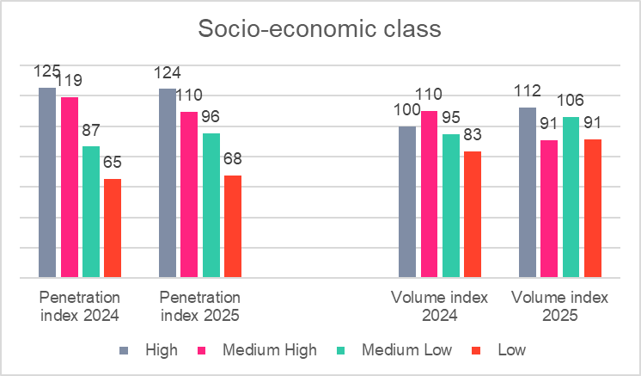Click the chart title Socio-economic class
point(320,29)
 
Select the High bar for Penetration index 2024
point(46,182)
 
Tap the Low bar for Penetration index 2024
point(113,228)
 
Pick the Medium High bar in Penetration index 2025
point(189,194)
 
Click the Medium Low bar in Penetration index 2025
point(211,206)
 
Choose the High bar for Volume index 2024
point(407,202)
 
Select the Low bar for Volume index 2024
point(473,214)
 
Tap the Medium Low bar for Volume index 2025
point(571,197)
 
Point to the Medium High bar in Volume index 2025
point(550,209)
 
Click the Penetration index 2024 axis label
point(79,306)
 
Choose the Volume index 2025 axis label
point(559,306)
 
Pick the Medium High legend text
point(269,350)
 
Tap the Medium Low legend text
point(409,350)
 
